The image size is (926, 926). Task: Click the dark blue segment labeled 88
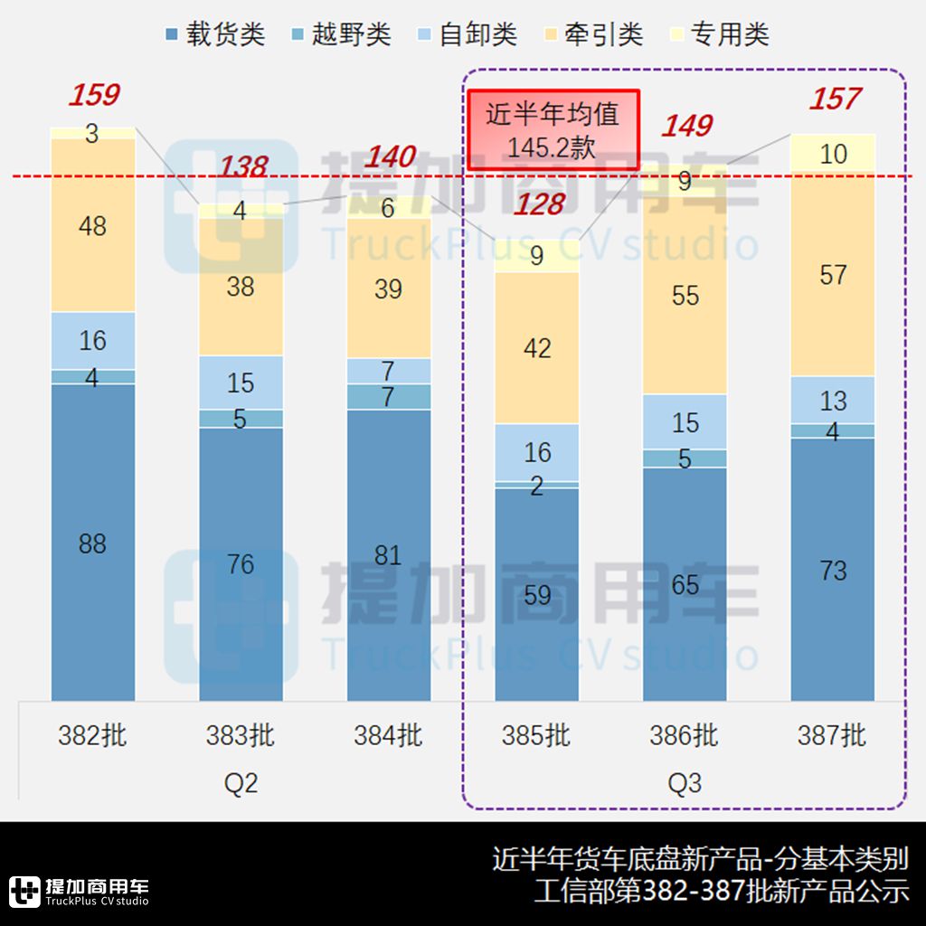pos(93,543)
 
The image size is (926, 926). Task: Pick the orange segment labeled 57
pos(833,275)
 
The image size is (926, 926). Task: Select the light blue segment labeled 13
pos(833,401)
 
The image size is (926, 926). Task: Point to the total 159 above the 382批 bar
pos(94,95)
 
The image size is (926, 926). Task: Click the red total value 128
pos(539,204)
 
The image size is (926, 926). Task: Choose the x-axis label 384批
pos(388,736)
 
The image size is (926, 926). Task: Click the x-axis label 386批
pos(684,736)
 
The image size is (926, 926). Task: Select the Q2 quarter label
pos(241,782)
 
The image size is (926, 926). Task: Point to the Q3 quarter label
pos(685,782)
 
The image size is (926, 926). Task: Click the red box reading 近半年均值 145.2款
pos(553,130)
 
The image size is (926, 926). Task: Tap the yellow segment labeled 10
pos(833,154)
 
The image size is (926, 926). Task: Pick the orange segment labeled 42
pos(537,348)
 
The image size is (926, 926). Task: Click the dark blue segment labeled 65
pos(685,584)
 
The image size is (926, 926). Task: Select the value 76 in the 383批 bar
pos(241,565)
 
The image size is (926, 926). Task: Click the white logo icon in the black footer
pos(24,892)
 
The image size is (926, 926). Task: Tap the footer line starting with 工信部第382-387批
pos(721,891)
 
